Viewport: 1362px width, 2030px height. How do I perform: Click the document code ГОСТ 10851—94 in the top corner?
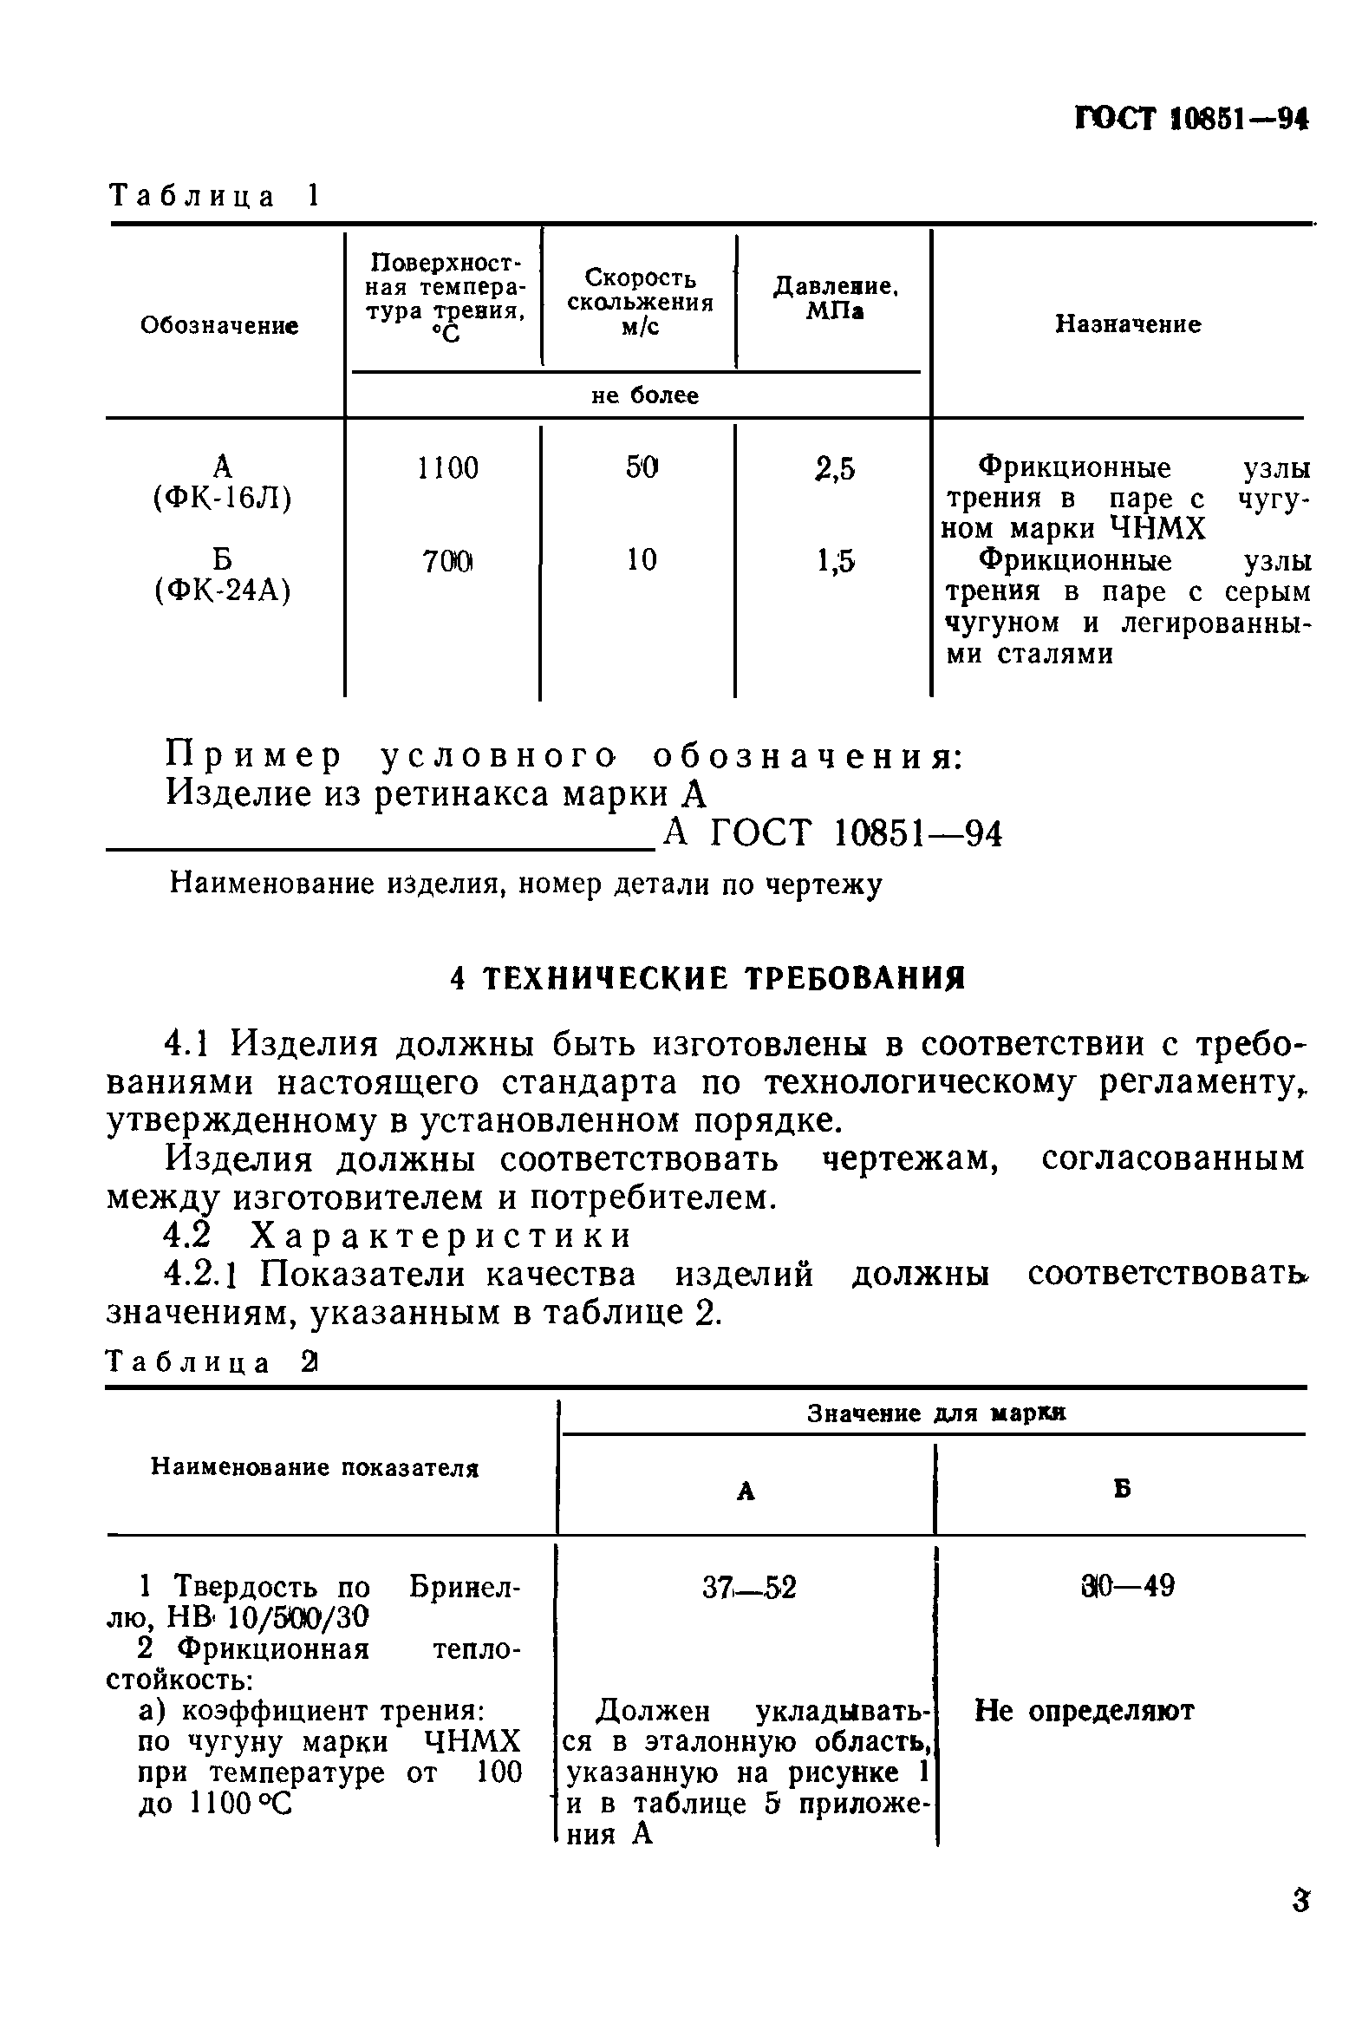(1191, 118)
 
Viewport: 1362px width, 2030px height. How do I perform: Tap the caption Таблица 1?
(213, 195)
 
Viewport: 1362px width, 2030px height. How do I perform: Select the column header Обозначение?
(218, 326)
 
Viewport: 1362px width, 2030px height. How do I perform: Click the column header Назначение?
(1127, 324)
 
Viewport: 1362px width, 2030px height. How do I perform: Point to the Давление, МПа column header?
(835, 298)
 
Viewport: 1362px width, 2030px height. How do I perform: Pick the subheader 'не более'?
(644, 396)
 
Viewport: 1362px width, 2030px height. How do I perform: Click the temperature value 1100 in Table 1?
(447, 468)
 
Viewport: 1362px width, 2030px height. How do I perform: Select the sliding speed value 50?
(642, 467)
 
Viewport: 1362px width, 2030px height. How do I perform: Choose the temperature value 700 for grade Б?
(447, 561)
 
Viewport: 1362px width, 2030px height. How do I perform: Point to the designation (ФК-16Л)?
(222, 499)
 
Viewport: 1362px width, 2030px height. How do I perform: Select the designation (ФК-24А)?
(222, 591)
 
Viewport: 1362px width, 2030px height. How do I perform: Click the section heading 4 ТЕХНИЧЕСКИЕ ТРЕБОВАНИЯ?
(708, 978)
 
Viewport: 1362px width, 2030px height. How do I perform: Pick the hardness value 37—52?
(749, 1588)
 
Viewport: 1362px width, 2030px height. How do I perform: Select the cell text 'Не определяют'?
(1084, 1711)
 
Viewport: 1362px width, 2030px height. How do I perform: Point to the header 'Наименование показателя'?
(315, 1467)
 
